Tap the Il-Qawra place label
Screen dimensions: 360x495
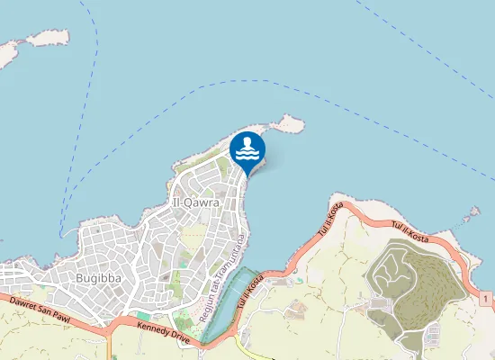point(195,203)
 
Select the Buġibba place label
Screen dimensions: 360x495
point(94,277)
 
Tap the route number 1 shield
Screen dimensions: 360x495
point(485,298)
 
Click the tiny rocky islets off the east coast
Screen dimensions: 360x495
point(469,217)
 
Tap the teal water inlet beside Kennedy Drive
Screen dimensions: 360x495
point(225,306)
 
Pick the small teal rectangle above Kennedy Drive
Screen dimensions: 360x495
point(142,315)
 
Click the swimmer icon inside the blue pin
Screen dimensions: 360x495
point(248,148)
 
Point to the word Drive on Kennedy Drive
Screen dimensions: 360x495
point(178,338)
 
